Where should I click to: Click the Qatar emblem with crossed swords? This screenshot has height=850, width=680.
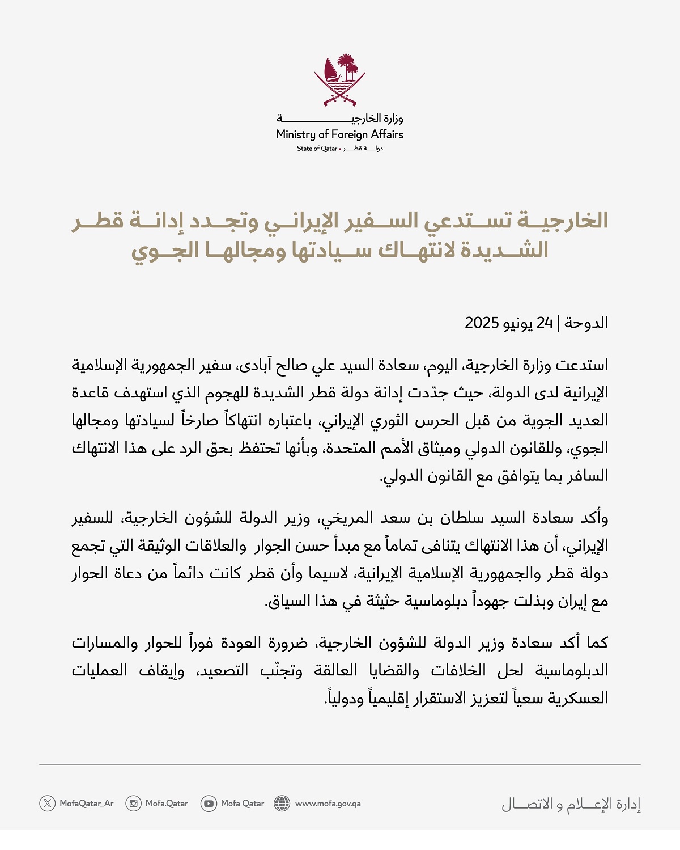[340, 80]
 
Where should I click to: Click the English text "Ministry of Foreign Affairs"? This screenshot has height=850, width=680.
[339, 134]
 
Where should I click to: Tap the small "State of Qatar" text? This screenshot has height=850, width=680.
[316, 149]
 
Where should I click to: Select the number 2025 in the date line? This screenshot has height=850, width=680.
[482, 323]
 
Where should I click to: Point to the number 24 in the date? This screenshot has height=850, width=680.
[545, 323]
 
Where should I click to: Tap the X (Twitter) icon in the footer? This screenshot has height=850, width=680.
[48, 803]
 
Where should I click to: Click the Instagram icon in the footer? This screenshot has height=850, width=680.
[134, 803]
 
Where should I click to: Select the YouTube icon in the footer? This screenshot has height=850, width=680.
[209, 803]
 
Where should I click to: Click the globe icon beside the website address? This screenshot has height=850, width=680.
[282, 803]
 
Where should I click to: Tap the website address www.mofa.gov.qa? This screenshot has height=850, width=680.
[328, 804]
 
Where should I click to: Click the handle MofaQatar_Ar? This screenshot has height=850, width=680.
[87, 804]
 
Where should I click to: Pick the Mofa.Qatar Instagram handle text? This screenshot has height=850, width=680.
[167, 804]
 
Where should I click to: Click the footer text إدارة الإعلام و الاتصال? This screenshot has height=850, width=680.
[571, 804]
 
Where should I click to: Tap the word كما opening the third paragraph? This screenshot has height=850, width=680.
[597, 642]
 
